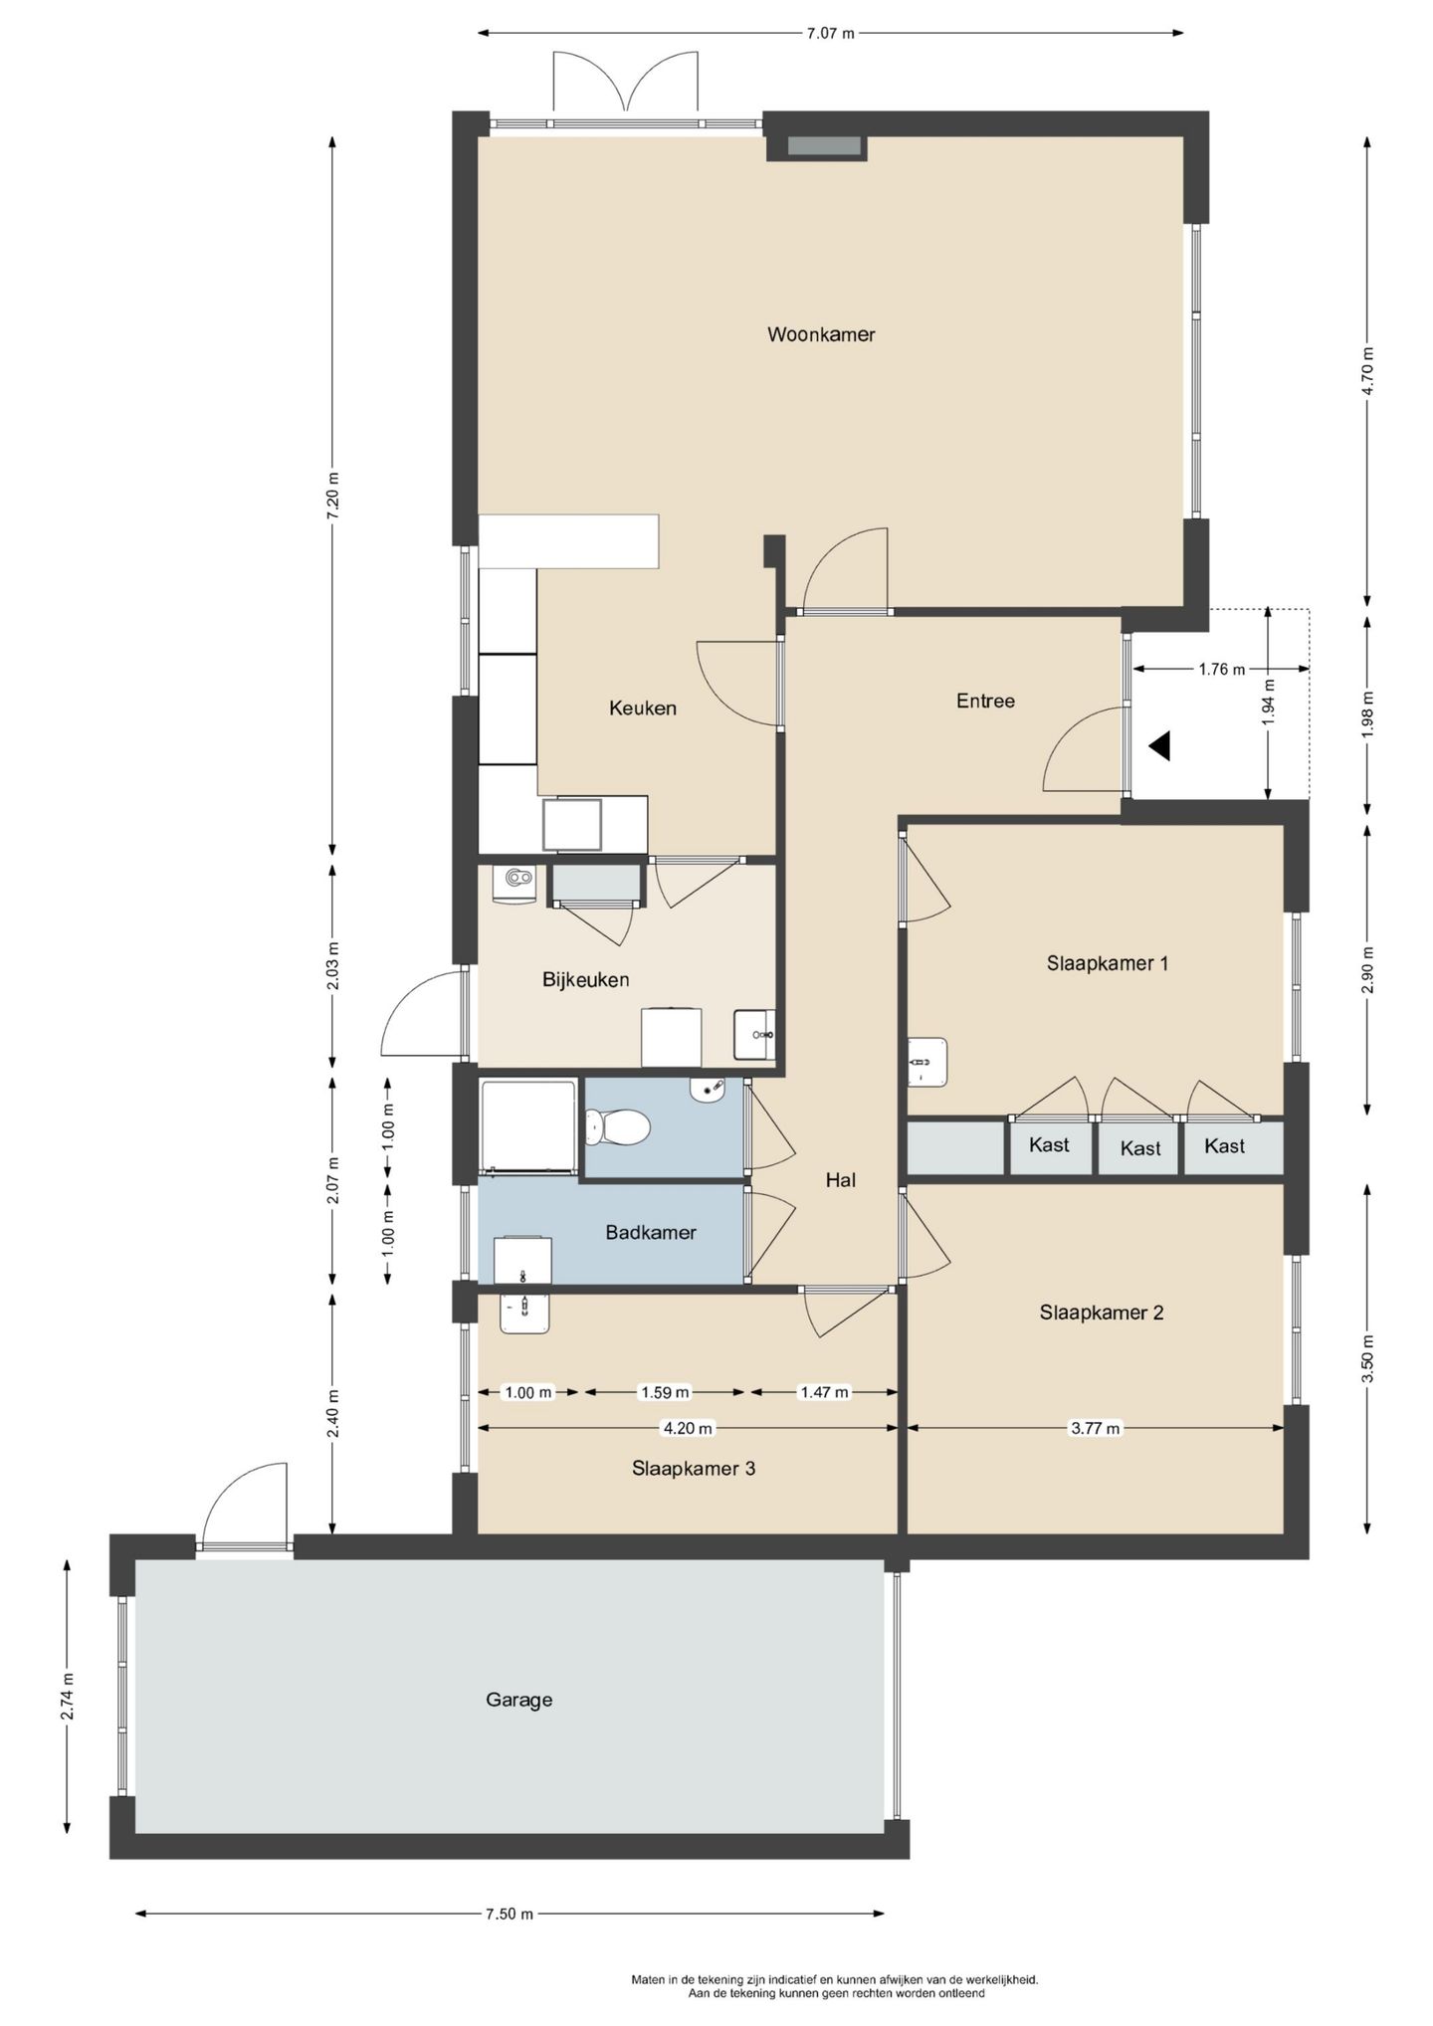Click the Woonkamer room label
[821, 334]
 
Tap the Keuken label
[643, 709]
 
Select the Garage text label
[519, 1700]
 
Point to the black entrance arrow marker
[1159, 745]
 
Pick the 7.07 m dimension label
[830, 33]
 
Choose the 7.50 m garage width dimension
[510, 1913]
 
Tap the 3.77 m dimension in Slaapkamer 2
[1095, 1428]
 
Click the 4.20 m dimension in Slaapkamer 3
[688, 1428]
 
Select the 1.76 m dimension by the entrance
[1221, 670]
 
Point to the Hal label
[841, 1180]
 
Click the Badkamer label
[651, 1233]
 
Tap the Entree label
[985, 702]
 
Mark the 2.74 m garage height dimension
[68, 1697]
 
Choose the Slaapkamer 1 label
[1108, 963]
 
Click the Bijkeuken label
[585, 980]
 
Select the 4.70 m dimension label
[1367, 371]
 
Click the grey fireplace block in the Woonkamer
[825, 146]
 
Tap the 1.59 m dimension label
[664, 1392]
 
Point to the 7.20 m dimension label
[333, 492]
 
